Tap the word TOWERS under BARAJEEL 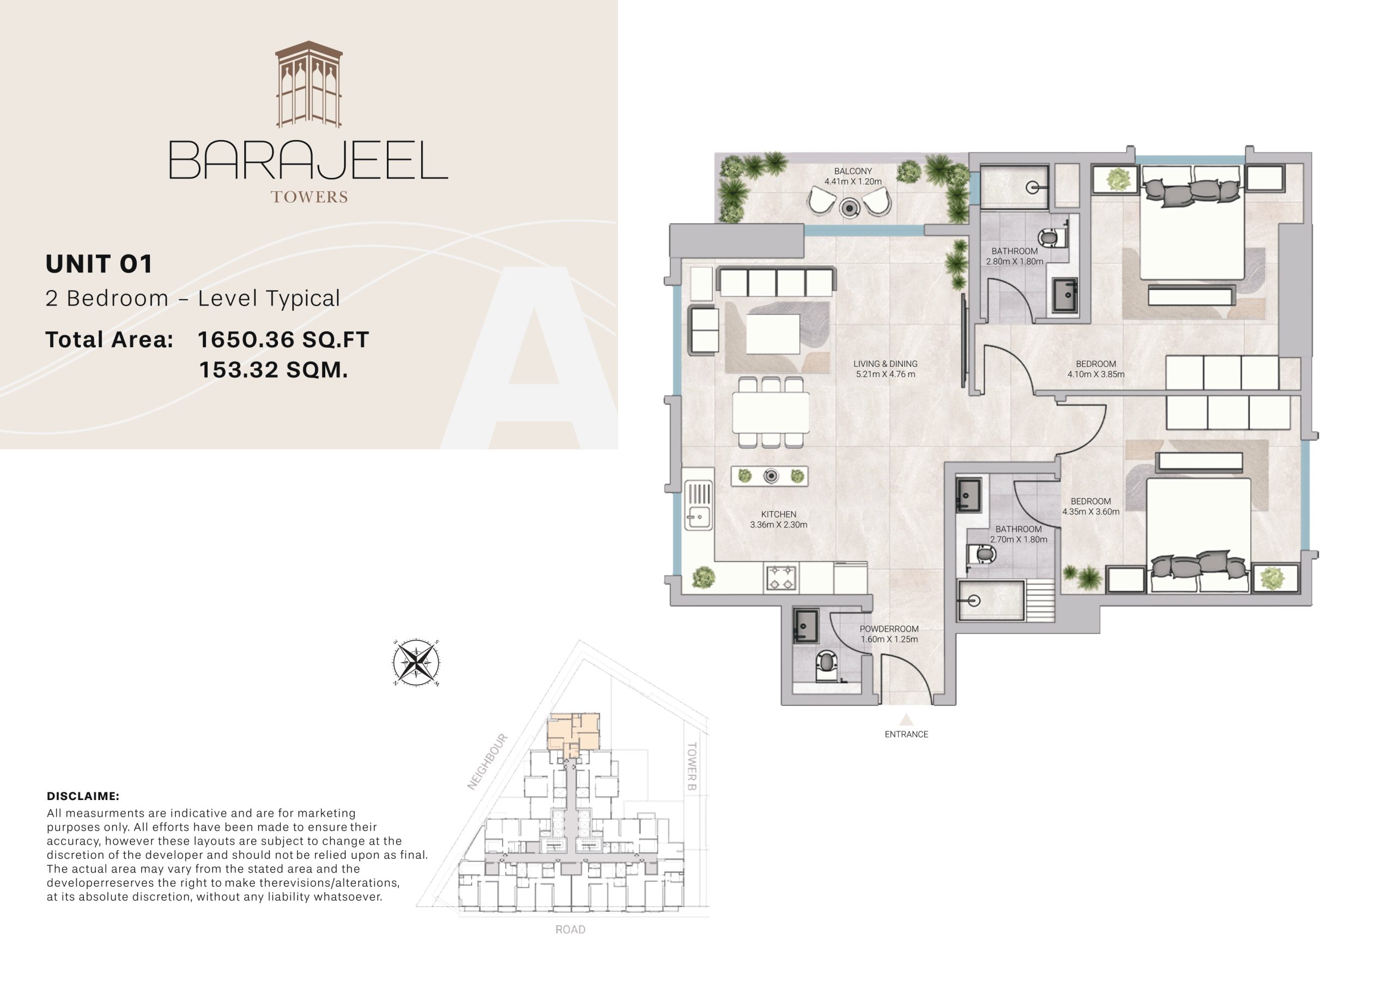308,197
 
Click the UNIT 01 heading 99,264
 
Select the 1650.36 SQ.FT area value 283,340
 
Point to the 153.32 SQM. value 274,370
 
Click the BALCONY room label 852,171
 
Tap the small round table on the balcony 849,208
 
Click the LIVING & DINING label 885,364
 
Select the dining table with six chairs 771,412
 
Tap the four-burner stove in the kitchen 781,578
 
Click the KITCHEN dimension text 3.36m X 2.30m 778,525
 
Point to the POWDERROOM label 889,629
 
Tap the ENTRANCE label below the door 906,734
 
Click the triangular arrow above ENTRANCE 906,719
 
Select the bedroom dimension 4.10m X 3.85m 1095,374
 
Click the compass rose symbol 416,663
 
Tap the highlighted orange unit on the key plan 573,734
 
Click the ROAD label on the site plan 570,929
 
